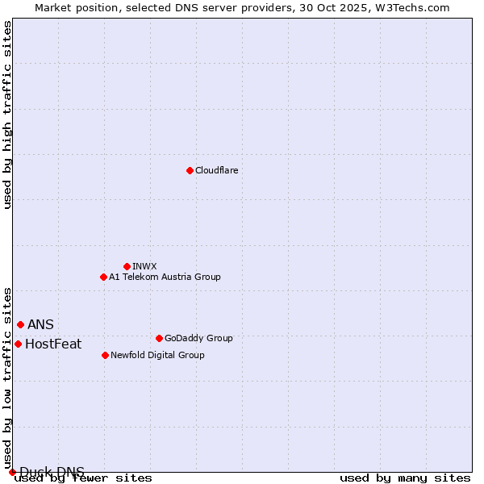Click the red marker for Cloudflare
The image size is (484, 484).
(190, 170)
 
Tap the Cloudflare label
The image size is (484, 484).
(216, 170)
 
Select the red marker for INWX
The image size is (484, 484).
(127, 266)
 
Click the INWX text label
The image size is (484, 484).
(144, 266)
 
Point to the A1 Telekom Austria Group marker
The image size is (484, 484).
(103, 277)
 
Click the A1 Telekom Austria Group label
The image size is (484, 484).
(165, 277)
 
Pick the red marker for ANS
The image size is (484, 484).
(20, 324)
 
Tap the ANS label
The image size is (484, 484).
(40, 324)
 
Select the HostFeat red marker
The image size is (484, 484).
(18, 344)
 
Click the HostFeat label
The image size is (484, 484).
(53, 344)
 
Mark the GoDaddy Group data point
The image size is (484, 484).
(159, 338)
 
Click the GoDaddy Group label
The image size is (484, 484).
(198, 338)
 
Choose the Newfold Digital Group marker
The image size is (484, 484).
(105, 355)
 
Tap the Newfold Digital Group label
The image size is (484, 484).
(157, 355)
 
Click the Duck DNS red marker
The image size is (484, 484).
(12, 472)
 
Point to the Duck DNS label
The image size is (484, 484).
(52, 472)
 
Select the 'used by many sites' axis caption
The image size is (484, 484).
(405, 478)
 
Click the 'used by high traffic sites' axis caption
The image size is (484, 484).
(7, 115)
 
